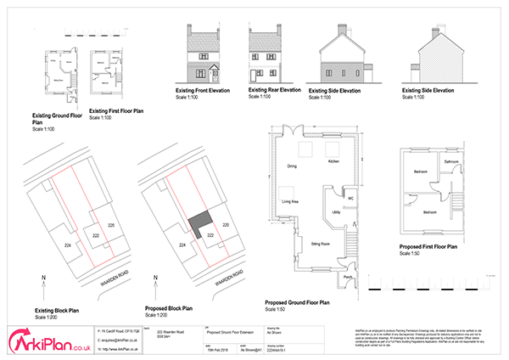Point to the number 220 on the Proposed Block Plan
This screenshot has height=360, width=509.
pyautogui.click(x=226, y=225)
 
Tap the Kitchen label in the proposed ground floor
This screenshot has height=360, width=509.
pyautogui.click(x=333, y=160)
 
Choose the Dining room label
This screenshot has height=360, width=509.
pyautogui.click(x=291, y=166)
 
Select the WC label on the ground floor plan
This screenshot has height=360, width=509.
pyautogui.click(x=350, y=200)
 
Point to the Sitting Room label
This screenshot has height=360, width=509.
pyautogui.click(x=320, y=243)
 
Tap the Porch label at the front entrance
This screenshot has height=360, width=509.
pyautogui.click(x=347, y=277)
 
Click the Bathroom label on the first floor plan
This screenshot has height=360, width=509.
pyautogui.click(x=452, y=160)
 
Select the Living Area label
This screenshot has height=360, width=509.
pyautogui.click(x=288, y=203)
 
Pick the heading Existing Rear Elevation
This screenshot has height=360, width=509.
pyautogui.click(x=274, y=88)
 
